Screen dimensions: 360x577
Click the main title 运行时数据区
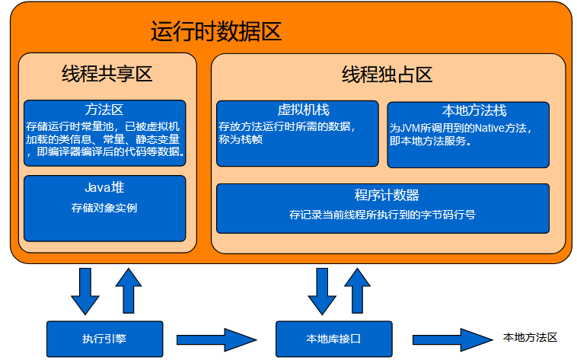(216, 32)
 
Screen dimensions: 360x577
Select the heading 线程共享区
(107, 75)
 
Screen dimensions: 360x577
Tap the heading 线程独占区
(387, 75)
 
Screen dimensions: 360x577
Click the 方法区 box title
(105, 109)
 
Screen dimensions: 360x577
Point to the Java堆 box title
(104, 187)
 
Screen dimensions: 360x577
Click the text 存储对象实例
(104, 207)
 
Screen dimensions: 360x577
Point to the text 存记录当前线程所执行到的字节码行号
(382, 215)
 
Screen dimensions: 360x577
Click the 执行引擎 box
(104, 338)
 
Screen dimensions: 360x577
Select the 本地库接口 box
(333, 339)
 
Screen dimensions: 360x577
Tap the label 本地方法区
(531, 337)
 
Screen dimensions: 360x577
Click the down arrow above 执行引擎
(84, 291)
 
